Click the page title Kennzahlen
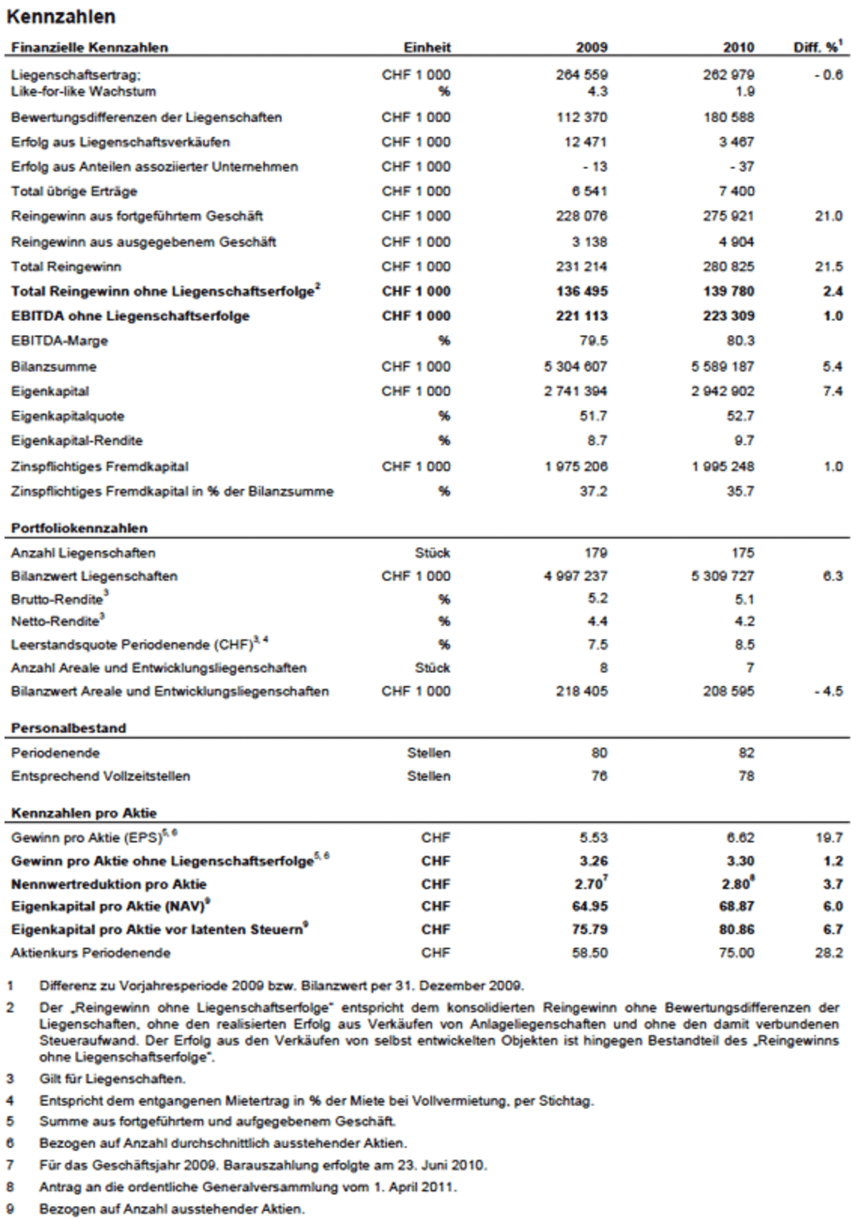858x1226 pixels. coord(61,16)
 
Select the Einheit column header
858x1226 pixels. coord(427,48)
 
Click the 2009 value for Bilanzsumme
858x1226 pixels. coord(575,367)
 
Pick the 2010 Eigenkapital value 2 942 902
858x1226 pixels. coord(722,392)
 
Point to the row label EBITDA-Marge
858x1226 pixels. coord(59,341)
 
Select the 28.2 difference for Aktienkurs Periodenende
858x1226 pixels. coord(829,953)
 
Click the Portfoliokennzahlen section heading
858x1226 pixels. coord(79,529)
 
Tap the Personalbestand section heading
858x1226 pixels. coord(69,729)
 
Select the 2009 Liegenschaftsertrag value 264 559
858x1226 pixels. coord(582,74)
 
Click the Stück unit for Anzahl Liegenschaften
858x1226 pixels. coord(433,553)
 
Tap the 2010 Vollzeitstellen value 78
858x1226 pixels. coord(746,777)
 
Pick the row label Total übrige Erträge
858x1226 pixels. coord(74,191)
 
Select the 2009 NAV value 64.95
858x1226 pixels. coord(590,907)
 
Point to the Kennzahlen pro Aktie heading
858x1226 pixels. coord(84,813)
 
